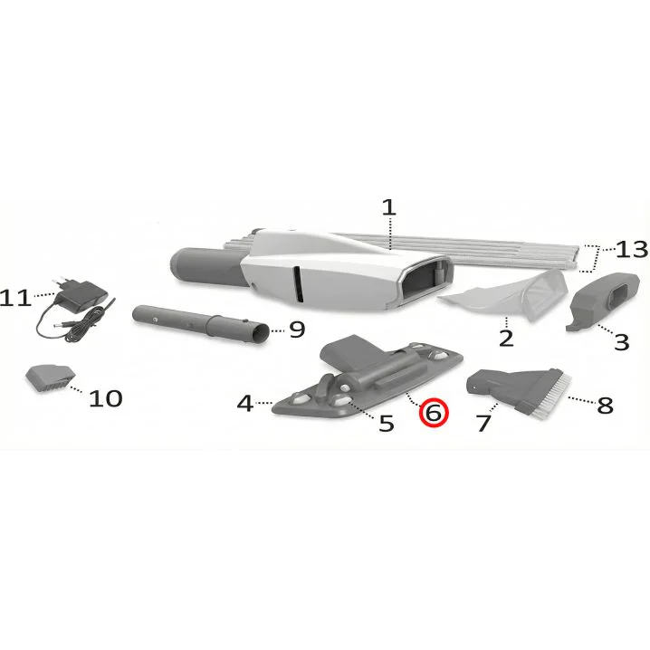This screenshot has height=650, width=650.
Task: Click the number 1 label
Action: [x=389, y=207]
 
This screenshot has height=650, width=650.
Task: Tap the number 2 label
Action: [x=506, y=339]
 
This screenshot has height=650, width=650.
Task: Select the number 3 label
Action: [x=621, y=342]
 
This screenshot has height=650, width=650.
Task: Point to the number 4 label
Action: [x=245, y=403]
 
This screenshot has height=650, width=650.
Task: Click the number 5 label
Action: [x=387, y=424]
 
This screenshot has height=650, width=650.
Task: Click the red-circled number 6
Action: [x=434, y=414]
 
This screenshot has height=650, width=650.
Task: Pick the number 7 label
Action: [x=483, y=424]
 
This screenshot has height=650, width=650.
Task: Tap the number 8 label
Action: [x=605, y=405]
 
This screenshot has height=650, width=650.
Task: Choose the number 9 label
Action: [x=297, y=330]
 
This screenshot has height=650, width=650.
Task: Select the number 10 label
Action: [x=106, y=399]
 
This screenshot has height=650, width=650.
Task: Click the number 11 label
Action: [x=15, y=299]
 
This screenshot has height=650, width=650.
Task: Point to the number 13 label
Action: [x=632, y=250]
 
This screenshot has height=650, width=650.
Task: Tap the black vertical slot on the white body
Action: [x=298, y=284]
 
